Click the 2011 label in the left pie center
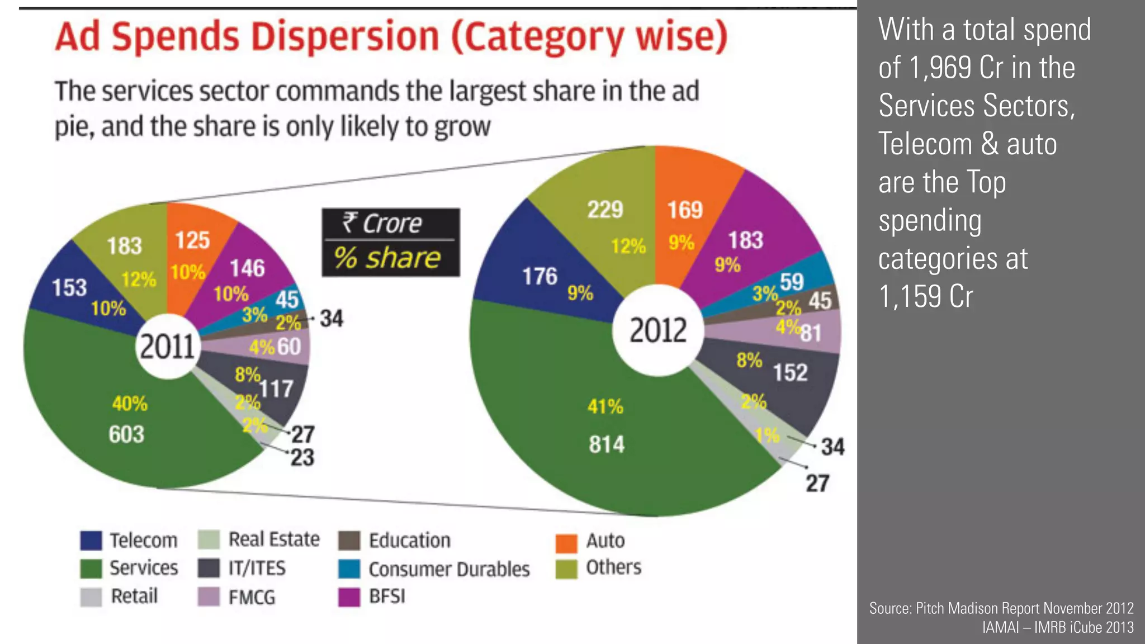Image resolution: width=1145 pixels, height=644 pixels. coord(167,347)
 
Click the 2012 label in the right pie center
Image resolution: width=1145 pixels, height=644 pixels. coord(658,330)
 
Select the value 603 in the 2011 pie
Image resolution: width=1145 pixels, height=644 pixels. coord(126,434)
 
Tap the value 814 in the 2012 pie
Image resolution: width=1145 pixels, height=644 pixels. coord(606,445)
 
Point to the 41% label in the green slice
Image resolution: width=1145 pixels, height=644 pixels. coord(605,406)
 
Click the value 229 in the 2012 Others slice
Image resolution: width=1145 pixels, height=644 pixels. coord(605,210)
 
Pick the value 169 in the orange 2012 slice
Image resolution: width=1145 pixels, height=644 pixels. coord(684,210)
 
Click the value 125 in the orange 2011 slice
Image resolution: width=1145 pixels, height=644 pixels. coord(192,240)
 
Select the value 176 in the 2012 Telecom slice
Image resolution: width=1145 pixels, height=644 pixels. coord(540,276)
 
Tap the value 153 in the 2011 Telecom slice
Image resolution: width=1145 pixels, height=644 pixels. coord(69,288)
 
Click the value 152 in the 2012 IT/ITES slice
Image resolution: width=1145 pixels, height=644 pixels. coord(790,373)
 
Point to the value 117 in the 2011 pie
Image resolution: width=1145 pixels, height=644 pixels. coord(276,389)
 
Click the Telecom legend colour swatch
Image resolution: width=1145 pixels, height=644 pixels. coord(91,541)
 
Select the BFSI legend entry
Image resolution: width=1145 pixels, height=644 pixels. coord(387,596)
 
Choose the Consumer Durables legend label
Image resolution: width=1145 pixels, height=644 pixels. coord(449,569)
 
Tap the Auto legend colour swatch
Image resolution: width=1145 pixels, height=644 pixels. coord(566,542)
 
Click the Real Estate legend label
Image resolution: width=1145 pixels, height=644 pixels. coord(274,539)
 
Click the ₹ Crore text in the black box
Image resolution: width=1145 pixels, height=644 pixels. coord(382,224)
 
